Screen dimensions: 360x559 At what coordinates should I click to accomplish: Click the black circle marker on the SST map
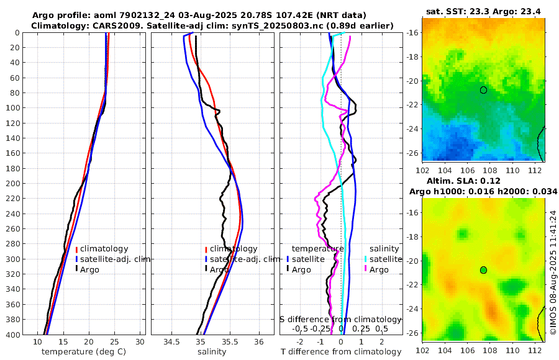pyautogui.click(x=483, y=90)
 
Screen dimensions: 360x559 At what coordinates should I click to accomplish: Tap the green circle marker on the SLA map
pyautogui.click(x=483, y=270)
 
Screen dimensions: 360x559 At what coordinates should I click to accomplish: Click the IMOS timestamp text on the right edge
pyautogui.click(x=553, y=272)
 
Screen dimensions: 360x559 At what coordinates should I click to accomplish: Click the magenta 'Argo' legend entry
pyautogui.click(x=379, y=269)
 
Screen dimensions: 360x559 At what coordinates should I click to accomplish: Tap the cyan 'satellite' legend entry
pyautogui.click(x=382, y=259)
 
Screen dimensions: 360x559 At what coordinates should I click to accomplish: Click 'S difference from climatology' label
pyautogui.click(x=340, y=318)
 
